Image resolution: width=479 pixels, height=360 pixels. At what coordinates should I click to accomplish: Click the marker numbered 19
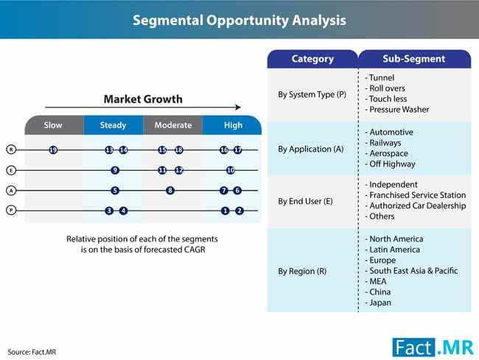pyautogui.click(x=53, y=149)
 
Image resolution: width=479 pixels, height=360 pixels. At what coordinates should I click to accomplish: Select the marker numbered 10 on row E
pyautogui.click(x=231, y=170)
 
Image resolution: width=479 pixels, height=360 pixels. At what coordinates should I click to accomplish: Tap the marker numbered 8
pyautogui.click(x=170, y=191)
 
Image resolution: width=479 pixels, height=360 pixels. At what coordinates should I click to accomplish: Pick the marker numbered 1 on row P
pyautogui.click(x=225, y=211)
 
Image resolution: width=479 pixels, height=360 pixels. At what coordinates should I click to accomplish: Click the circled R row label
pyautogui.click(x=11, y=149)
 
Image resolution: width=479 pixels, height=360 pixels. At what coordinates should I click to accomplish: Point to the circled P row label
pyautogui.click(x=11, y=211)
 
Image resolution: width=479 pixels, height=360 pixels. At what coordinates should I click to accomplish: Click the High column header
pyautogui.click(x=232, y=125)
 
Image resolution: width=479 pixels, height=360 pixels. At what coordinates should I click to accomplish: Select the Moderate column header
pyautogui.click(x=173, y=125)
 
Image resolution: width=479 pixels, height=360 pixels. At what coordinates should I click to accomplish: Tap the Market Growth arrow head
pyautogui.click(x=238, y=107)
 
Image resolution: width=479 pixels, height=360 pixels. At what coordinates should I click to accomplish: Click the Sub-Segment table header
pyautogui.click(x=414, y=59)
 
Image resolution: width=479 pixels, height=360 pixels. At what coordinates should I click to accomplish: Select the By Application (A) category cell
pyautogui.click(x=311, y=149)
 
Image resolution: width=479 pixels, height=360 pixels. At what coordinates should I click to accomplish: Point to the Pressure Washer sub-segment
pyautogui.click(x=397, y=109)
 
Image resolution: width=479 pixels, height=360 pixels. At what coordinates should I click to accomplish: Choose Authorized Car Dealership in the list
pyautogui.click(x=416, y=205)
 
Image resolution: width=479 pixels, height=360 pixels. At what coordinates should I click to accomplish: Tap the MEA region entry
pyautogui.click(x=376, y=281)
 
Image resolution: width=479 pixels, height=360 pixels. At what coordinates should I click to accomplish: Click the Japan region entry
pyautogui.click(x=378, y=303)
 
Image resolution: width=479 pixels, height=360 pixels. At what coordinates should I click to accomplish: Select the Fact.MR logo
pyautogui.click(x=433, y=347)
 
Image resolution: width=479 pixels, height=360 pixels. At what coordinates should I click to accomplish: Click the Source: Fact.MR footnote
pyautogui.click(x=32, y=352)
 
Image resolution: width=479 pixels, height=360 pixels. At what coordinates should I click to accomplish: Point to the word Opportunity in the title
pyautogui.click(x=247, y=21)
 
